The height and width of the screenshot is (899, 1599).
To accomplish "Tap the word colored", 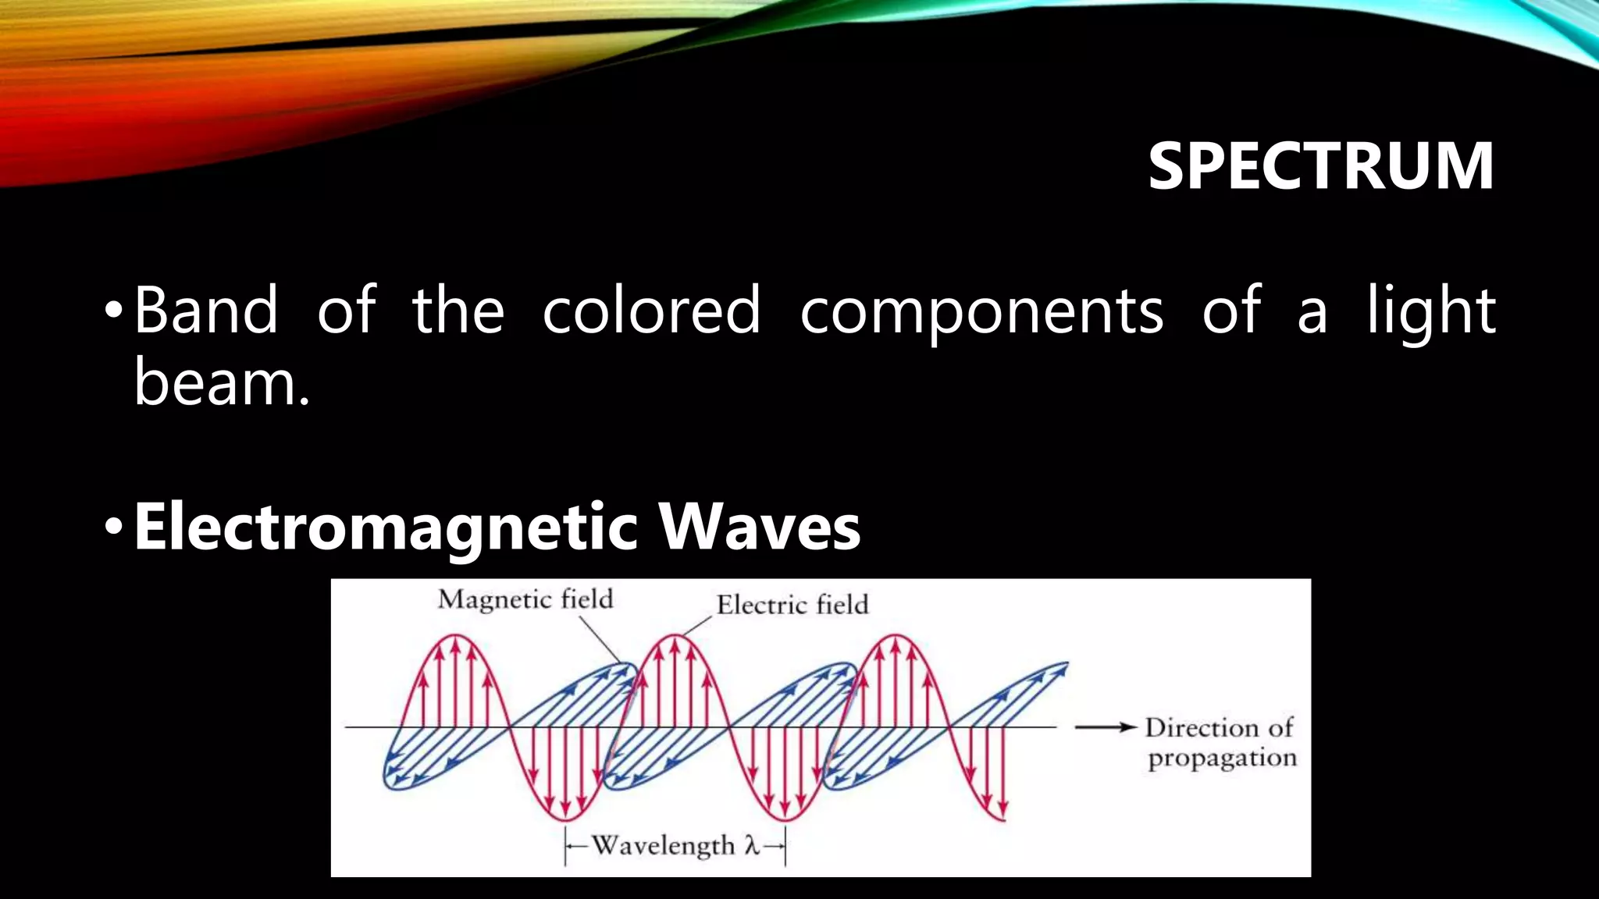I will pyautogui.click(x=651, y=311).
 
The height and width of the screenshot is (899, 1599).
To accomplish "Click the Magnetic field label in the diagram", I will pyautogui.click(x=525, y=599).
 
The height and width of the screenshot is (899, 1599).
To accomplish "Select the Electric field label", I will pyautogui.click(x=792, y=605).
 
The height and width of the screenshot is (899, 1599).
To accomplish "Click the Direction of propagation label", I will pyautogui.click(x=1220, y=742).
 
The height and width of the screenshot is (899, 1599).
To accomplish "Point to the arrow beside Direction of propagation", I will pyautogui.click(x=1105, y=727).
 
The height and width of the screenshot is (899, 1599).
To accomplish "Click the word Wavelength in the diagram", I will pyautogui.click(x=663, y=845).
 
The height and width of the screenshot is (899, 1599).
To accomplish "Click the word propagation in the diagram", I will pyautogui.click(x=1222, y=758).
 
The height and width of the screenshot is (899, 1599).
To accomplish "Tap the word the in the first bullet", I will pyautogui.click(x=458, y=311).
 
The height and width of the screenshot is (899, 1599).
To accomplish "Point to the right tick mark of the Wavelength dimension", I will pyautogui.click(x=785, y=846).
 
